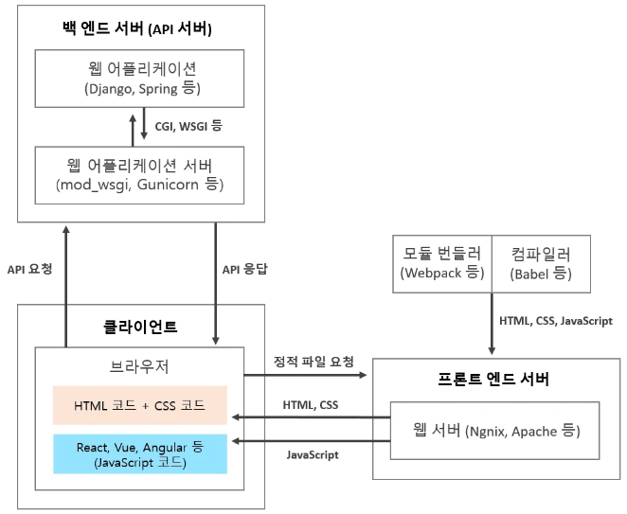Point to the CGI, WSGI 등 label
coord(181,125)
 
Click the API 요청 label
coord(29,269)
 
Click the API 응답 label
coord(245,269)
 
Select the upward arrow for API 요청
coord(66,284)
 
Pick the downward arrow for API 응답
coord(218,284)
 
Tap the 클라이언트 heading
coord(140,328)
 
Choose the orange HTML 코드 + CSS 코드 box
coord(140,404)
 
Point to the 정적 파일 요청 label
coord(313,361)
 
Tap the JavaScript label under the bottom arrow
coord(313,455)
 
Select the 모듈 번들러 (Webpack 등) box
coord(443,263)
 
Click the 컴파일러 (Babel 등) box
coord(536,263)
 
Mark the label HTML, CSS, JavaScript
coord(555,321)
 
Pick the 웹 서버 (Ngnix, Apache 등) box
coord(496,430)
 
